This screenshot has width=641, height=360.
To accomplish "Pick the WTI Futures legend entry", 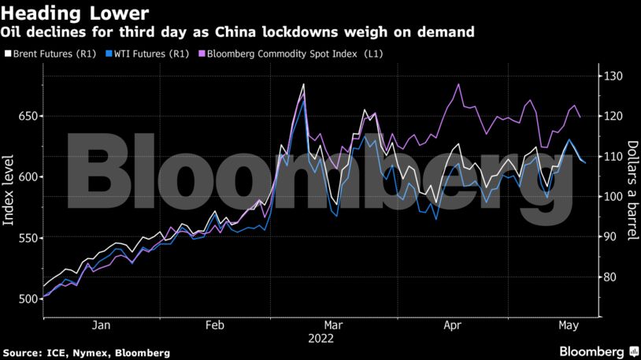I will (147, 53).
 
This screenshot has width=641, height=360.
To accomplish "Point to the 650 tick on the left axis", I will (28, 117).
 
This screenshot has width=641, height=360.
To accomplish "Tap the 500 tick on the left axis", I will (28, 299).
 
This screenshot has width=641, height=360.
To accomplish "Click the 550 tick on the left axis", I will (28, 238).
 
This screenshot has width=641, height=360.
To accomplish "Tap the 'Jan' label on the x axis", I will (101, 325).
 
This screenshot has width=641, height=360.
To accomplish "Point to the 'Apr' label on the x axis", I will (451, 325).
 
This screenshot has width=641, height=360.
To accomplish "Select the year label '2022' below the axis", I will (321, 339).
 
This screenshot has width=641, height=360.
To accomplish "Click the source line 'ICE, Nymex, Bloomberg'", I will (103, 352).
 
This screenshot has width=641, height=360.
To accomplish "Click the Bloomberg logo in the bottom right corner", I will (598, 351).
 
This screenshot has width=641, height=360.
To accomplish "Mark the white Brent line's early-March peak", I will (304, 84).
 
